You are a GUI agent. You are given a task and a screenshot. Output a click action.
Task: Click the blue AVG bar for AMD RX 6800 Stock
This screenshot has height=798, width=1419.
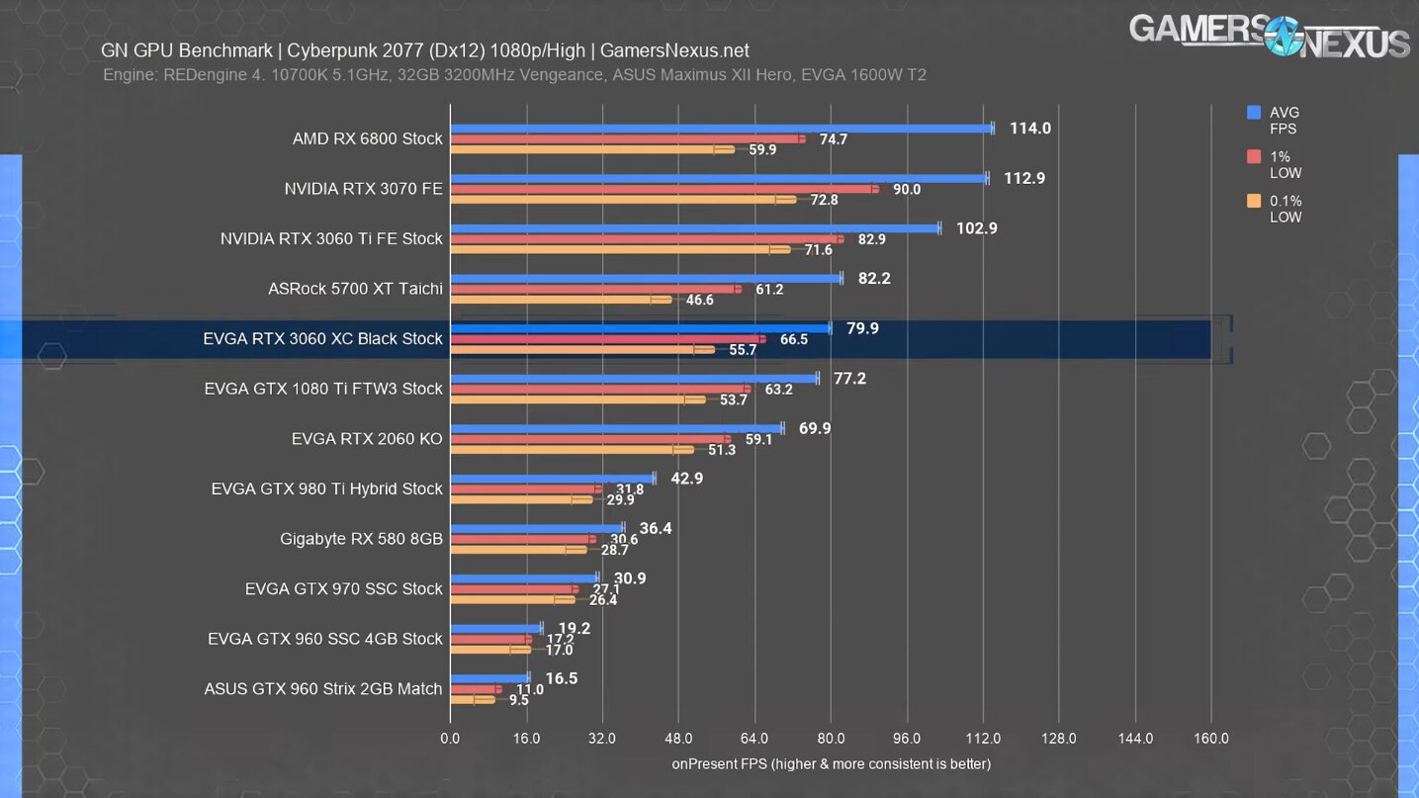coord(722,128)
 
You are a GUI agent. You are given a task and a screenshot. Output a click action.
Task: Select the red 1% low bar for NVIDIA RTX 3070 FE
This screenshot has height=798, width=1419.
coord(664,189)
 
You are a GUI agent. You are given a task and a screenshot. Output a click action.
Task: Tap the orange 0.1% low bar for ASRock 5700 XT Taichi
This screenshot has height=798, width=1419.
coord(561,300)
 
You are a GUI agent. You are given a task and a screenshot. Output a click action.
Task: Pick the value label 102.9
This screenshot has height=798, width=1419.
coord(977,228)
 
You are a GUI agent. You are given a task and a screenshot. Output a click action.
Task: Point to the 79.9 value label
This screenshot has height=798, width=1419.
coord(862,328)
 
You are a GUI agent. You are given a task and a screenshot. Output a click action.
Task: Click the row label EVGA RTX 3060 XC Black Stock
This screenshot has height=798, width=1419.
coord(322,338)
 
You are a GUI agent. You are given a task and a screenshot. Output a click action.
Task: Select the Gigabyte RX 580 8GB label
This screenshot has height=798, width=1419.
coord(361,539)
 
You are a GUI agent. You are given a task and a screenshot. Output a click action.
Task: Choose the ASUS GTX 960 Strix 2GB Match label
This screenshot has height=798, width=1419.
coord(322,688)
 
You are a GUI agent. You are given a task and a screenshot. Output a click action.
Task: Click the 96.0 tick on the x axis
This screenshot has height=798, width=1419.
coord(907,739)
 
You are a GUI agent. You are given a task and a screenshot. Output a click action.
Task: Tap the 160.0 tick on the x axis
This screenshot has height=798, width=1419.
coord(1211,739)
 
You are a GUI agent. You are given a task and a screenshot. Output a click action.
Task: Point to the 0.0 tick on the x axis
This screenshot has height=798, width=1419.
coord(450,739)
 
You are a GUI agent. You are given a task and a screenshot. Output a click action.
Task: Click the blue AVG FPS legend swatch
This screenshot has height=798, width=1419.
coord(1254,113)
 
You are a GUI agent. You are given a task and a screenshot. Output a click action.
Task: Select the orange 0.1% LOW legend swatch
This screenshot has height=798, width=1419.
coord(1254,201)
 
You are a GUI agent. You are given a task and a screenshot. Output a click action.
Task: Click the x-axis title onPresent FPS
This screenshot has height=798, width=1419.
coord(831,763)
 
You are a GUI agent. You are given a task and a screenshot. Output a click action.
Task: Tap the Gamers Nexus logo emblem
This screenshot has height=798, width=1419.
coord(1283,37)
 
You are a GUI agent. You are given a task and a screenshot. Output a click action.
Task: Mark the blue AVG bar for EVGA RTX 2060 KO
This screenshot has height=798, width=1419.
coord(616,428)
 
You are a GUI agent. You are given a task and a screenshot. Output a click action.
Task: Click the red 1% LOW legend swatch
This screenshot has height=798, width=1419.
coord(1254,156)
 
